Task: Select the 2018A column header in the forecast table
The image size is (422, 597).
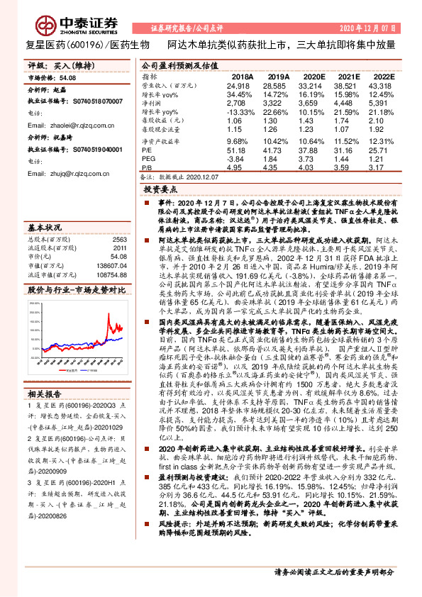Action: click(242, 76)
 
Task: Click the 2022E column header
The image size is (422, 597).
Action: click(382, 76)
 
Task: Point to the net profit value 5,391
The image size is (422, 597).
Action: click(382, 103)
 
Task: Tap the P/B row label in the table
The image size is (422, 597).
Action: click(147, 169)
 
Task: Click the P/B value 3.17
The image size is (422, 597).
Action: click(382, 169)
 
